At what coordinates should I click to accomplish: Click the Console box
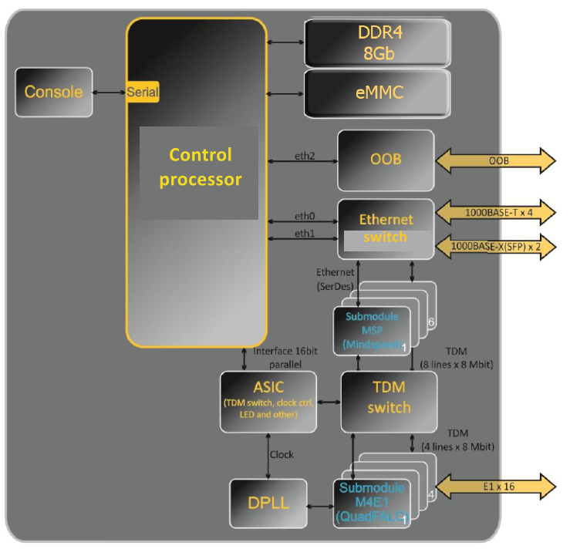[x=54, y=93]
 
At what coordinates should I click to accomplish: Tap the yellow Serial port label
[x=143, y=93]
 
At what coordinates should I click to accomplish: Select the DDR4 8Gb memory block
[x=378, y=43]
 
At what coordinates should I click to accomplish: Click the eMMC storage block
[x=378, y=93]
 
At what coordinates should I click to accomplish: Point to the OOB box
[x=386, y=160]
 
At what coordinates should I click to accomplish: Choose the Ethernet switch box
[x=386, y=228]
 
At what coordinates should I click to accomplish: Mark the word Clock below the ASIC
[x=282, y=454]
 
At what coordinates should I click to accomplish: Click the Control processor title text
[x=200, y=167]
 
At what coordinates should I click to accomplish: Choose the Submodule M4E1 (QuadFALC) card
[x=370, y=504]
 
